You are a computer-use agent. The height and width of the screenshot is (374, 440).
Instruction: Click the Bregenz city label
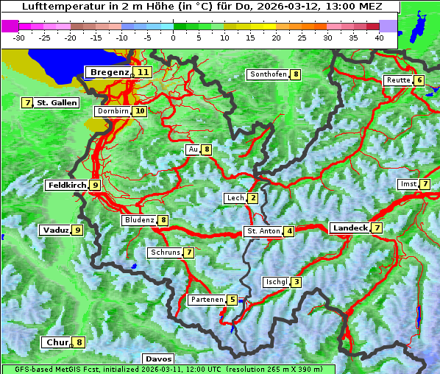click(x=109, y=72)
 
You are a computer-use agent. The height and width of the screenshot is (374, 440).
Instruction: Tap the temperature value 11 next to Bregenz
click(x=143, y=72)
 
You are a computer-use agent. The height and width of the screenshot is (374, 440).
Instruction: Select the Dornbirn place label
click(x=113, y=111)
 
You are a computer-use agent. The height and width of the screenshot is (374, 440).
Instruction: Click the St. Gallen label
click(x=57, y=103)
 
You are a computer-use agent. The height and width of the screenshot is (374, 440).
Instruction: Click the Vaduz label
click(x=56, y=230)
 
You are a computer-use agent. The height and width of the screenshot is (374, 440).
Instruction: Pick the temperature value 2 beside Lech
click(x=253, y=198)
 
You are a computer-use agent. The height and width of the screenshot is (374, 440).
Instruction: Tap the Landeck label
click(x=349, y=228)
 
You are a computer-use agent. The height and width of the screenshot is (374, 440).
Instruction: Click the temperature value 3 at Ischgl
click(x=296, y=282)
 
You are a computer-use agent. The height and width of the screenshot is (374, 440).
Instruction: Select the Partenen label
click(x=206, y=300)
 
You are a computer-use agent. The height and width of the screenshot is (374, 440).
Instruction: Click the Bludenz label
click(x=139, y=220)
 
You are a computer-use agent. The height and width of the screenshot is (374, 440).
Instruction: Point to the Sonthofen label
click(x=268, y=74)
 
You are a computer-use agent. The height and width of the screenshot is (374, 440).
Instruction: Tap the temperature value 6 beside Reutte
click(x=419, y=80)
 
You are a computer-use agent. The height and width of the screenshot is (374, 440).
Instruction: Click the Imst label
click(x=408, y=183)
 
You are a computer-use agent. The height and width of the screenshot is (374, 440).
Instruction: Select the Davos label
click(x=158, y=359)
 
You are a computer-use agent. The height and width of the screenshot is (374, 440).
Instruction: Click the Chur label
click(x=57, y=342)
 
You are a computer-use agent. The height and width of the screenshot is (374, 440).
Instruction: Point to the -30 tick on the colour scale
click(x=19, y=38)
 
